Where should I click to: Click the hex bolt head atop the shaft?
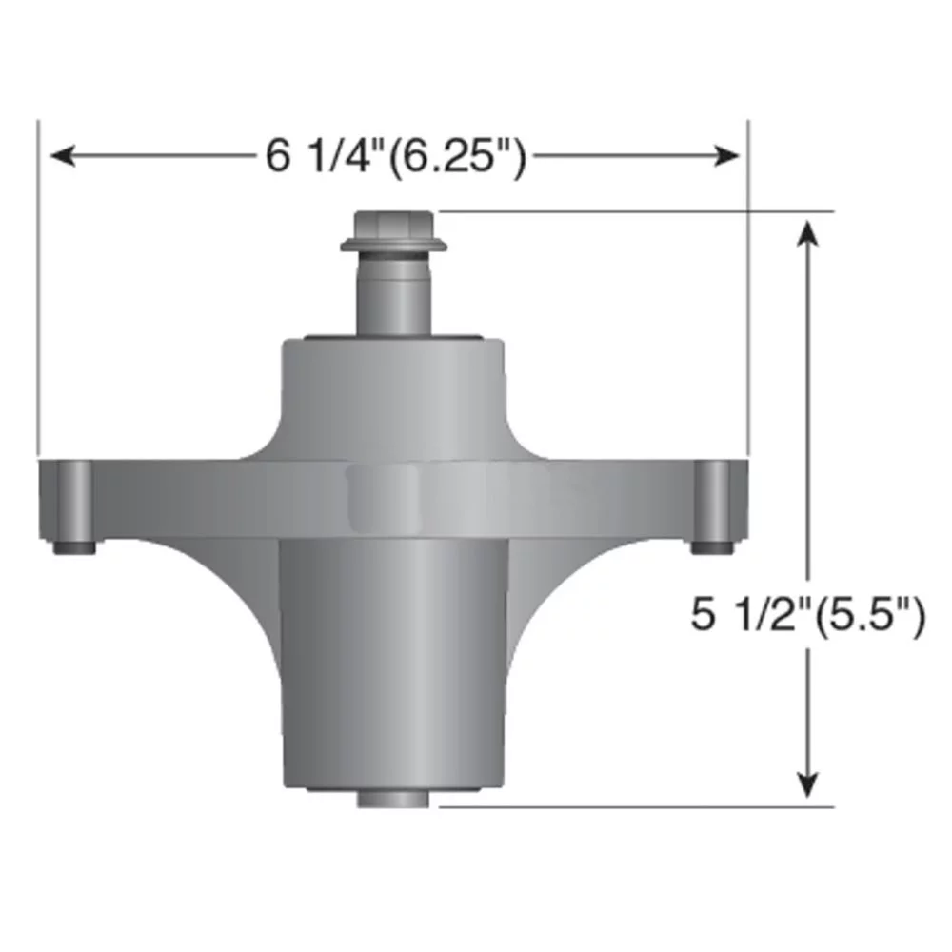coord(393,226)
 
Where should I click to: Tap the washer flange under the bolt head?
coord(393,248)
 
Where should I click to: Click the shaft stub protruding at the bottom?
coord(393,798)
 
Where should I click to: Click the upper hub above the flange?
coord(393,390)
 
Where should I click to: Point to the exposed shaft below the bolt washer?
coord(393,295)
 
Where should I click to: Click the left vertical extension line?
coord(38,286)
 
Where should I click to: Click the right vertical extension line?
coord(748,286)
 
